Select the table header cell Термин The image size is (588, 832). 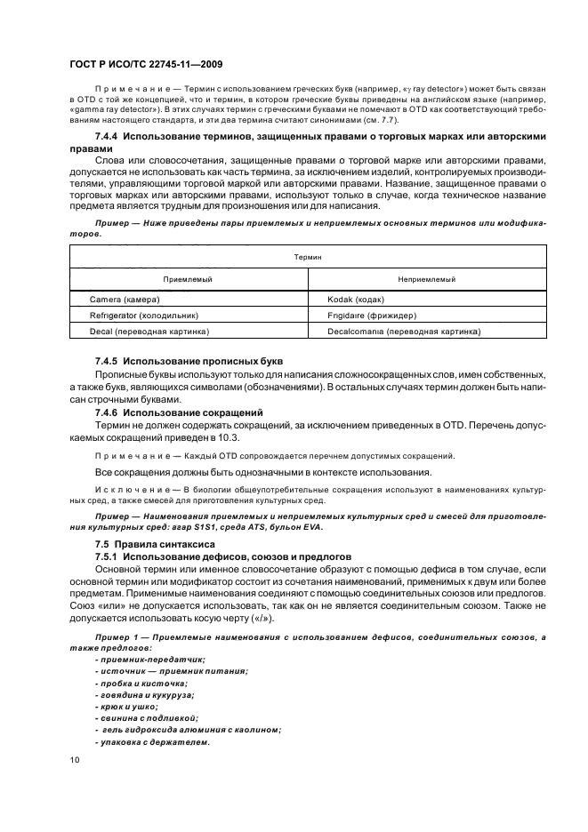coord(307,256)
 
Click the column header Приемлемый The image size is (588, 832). coord(188,279)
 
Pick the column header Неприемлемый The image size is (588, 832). coord(426,279)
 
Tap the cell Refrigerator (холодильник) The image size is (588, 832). coord(143,316)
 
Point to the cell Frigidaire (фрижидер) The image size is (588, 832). coord(372,316)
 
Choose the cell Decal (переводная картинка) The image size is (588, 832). coord(149,332)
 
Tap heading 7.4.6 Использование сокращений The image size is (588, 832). coord(178,412)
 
